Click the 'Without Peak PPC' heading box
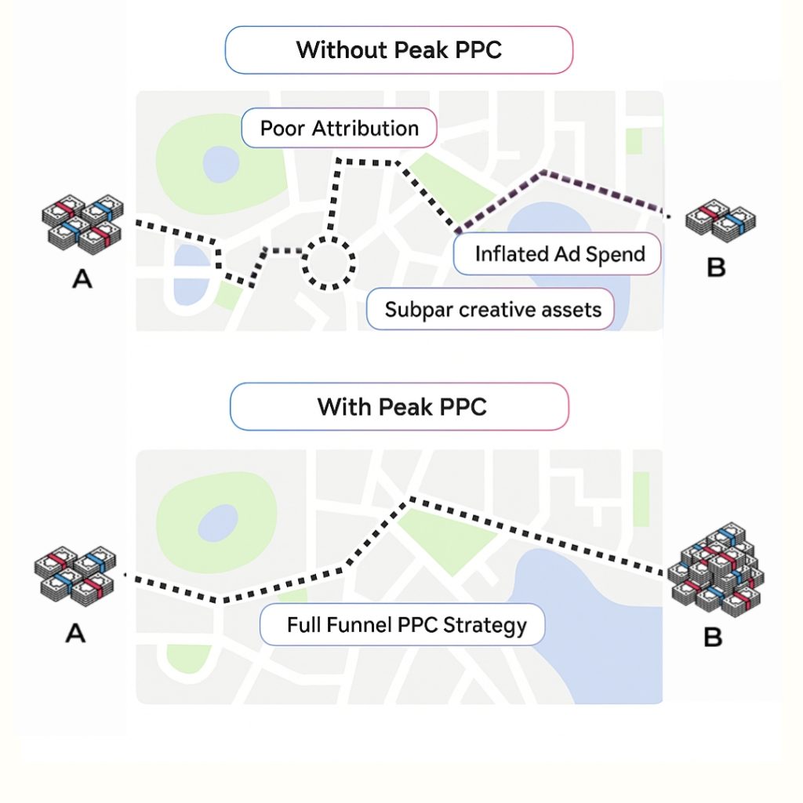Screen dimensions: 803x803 [398, 50]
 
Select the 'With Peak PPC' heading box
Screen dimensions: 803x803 [398, 407]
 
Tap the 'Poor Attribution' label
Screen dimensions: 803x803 [339, 128]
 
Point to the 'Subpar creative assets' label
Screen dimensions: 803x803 [492, 309]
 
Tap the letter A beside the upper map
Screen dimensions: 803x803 [82, 277]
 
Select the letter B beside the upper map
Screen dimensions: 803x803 [715, 267]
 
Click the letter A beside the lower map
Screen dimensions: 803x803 [74, 632]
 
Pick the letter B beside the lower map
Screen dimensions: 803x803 [712, 637]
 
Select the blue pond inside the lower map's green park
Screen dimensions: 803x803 [217, 521]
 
